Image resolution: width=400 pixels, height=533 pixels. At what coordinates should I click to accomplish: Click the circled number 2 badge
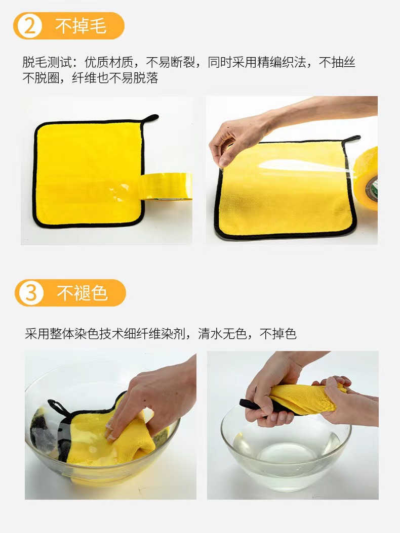click(29, 26)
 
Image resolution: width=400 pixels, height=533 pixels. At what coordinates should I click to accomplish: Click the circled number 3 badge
click(31, 293)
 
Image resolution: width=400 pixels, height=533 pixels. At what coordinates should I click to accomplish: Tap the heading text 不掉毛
click(81, 26)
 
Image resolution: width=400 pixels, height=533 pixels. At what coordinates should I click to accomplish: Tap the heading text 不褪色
click(82, 293)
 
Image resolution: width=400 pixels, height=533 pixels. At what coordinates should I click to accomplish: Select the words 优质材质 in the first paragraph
click(109, 62)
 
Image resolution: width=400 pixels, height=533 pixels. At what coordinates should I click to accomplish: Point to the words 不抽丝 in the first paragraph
click(337, 62)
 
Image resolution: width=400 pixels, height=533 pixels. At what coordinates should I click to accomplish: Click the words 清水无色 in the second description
click(222, 334)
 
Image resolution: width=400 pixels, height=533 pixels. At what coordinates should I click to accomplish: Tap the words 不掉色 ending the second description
click(278, 334)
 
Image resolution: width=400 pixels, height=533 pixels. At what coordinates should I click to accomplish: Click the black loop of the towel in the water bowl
click(57, 407)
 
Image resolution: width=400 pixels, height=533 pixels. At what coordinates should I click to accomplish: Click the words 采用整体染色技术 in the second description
click(74, 334)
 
